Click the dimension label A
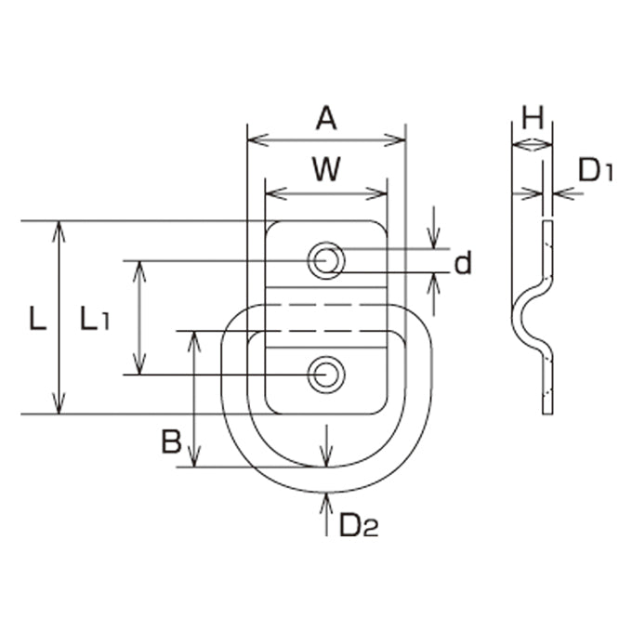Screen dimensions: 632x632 coord(326,119)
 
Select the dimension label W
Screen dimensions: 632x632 coord(326,169)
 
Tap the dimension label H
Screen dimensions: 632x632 coord(533,118)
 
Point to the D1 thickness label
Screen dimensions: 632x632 coord(596,170)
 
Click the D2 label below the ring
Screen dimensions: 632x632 coord(359,525)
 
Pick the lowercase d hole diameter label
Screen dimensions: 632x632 coord(463,263)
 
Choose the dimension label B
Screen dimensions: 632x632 coord(172,441)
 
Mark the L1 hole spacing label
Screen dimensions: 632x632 coord(95,319)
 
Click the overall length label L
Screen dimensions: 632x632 coord(38,319)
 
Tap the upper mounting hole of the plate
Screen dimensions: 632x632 coord(326,260)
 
